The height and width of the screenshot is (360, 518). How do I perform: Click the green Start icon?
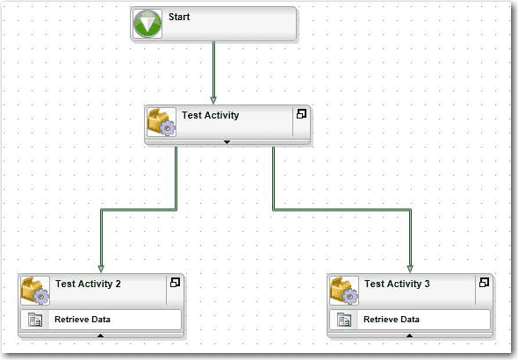tap(147, 24)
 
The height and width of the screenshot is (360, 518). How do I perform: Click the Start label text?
tap(179, 17)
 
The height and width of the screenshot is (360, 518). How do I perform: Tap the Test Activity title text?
tap(211, 115)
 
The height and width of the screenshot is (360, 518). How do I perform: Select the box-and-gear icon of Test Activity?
tap(162, 122)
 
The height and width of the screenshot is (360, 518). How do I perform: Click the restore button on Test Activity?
tap(301, 114)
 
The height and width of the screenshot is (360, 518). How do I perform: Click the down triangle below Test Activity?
tap(227, 142)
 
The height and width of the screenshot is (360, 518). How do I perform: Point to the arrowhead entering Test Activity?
tap(213, 100)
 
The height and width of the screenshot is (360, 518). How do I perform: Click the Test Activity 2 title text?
tap(88, 284)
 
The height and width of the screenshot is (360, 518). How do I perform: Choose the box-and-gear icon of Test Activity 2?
tap(35, 291)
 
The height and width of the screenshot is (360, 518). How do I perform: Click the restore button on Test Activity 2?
tap(175, 283)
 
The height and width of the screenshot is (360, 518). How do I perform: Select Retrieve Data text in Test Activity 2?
tap(83, 320)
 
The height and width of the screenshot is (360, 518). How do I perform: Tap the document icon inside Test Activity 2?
tap(35, 320)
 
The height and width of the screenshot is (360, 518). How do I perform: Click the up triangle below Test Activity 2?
tap(100, 335)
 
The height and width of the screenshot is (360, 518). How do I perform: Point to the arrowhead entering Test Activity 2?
tap(101, 269)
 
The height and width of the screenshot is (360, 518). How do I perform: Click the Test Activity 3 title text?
tap(397, 284)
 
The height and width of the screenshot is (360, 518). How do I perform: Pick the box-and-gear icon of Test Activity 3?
tap(344, 291)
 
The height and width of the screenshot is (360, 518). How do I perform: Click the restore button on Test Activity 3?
tap(484, 283)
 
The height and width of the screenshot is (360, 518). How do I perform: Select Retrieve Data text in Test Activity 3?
tap(392, 320)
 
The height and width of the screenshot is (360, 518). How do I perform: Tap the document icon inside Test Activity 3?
tap(344, 320)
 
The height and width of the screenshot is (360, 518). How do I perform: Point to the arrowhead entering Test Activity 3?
tap(410, 269)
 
